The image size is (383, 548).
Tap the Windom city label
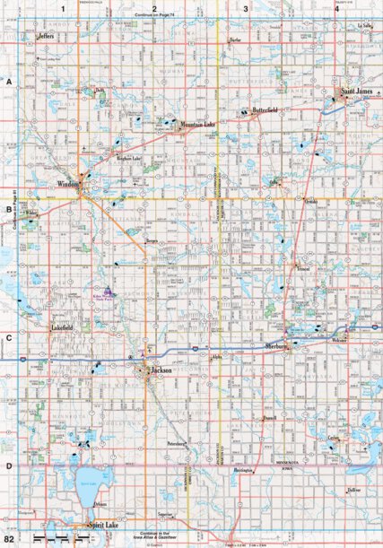click(x=69, y=185)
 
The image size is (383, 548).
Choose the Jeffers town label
click(x=48, y=37)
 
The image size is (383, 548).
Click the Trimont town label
click(x=303, y=269)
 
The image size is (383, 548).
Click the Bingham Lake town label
click(x=132, y=159)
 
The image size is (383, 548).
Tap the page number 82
click(x=9, y=539)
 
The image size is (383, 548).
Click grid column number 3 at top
click(x=247, y=8)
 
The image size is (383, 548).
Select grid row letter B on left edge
click(x=8, y=213)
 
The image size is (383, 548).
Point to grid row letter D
click(x=8, y=465)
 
